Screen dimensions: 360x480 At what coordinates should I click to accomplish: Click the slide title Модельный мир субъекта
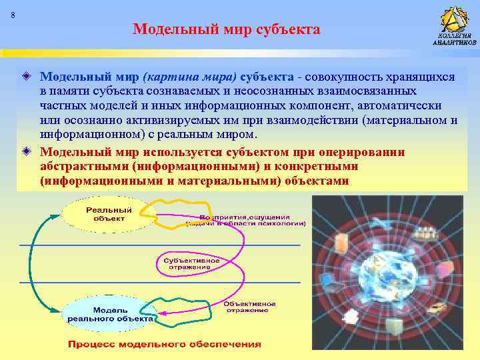tap(227, 29)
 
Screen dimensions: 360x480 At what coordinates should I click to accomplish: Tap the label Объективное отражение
tap(247, 306)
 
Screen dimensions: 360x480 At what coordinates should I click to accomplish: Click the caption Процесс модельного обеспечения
tap(163, 344)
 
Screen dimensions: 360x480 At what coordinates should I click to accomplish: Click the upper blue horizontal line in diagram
tap(160, 245)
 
